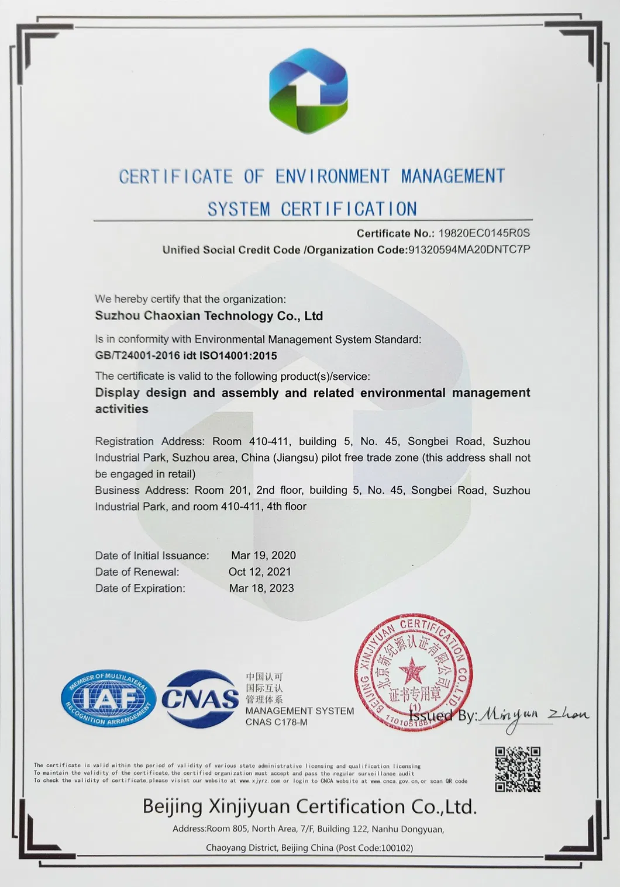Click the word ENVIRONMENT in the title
point(332,176)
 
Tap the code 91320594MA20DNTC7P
point(469,250)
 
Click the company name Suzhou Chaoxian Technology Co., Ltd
point(209,316)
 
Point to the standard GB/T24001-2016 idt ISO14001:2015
point(186,356)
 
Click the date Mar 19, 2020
point(263,556)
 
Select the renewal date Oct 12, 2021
point(260,572)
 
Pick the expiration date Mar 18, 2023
point(261,588)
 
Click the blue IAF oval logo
point(108,699)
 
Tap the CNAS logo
point(201,698)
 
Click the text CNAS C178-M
point(276,722)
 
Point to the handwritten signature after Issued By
point(533,716)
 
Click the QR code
point(518,769)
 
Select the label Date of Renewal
point(137,572)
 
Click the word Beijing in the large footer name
point(173,807)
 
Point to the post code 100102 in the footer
point(396,848)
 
